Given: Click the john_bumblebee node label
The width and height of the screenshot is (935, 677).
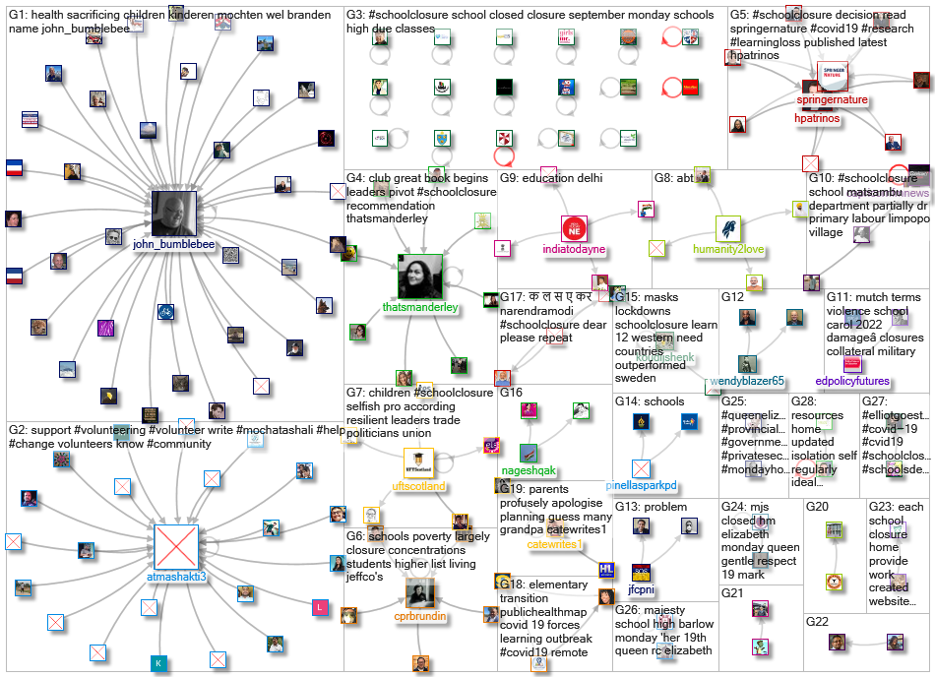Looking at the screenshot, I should (x=173, y=243).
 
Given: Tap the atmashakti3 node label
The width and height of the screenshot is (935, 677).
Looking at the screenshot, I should (x=176, y=577).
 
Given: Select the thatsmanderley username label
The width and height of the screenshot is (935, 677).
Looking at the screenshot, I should (x=420, y=307).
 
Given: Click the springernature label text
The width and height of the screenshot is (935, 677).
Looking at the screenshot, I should (x=832, y=100).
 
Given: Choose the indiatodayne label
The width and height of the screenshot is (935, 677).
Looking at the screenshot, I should (x=575, y=249).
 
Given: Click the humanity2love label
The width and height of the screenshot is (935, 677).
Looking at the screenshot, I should (x=728, y=249).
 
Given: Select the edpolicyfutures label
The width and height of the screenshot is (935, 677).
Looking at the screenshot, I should (x=852, y=381).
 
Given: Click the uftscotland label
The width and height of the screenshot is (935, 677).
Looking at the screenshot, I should (x=419, y=486).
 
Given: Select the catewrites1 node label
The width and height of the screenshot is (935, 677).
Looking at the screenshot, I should (x=555, y=544).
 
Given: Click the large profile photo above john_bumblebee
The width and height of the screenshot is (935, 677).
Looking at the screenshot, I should (x=173, y=214).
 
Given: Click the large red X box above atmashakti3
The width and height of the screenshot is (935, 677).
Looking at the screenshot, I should (x=176, y=546).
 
